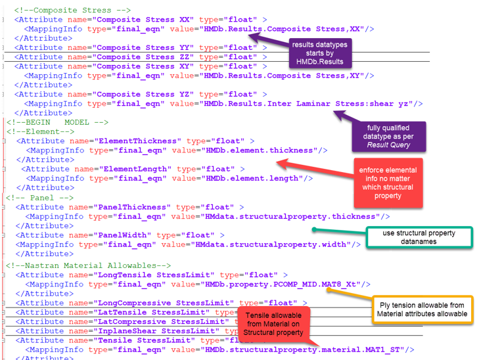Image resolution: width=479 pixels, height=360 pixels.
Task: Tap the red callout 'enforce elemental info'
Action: (x=387, y=183)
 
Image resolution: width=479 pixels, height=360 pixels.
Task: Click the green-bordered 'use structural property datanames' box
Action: (x=419, y=237)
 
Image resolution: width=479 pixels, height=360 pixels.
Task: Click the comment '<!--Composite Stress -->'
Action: (x=72, y=11)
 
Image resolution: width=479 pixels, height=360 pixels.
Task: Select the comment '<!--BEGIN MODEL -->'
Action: (x=57, y=122)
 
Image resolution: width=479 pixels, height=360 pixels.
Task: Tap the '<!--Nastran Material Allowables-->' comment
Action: (x=84, y=265)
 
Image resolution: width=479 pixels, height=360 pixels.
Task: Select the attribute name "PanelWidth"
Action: (x=124, y=235)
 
